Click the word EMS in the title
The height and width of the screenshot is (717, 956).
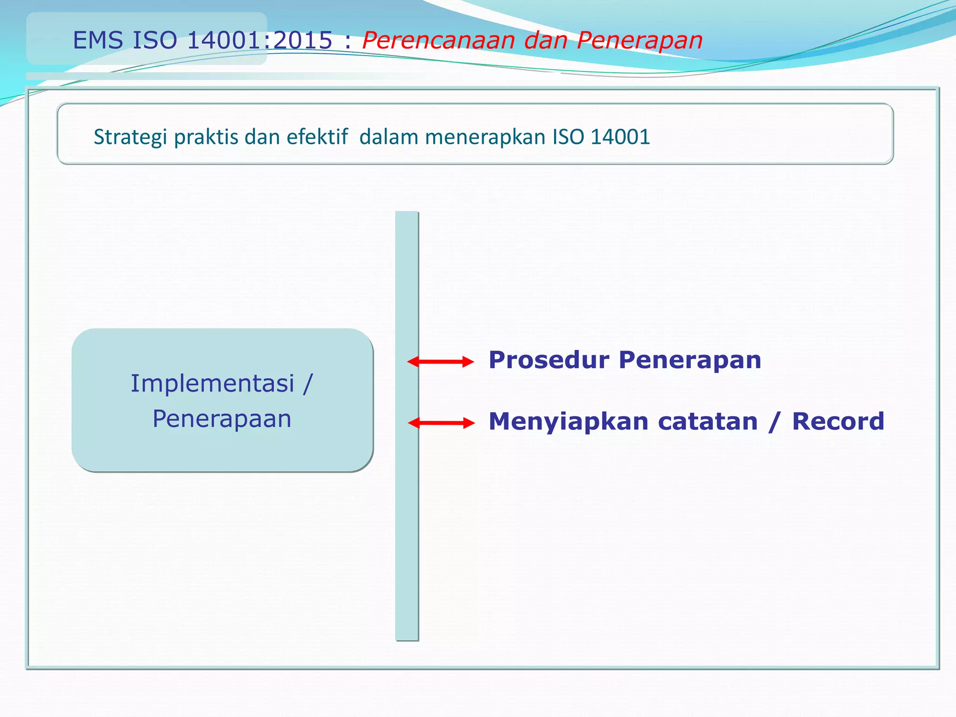pos(98,40)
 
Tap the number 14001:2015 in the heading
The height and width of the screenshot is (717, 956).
pos(260,40)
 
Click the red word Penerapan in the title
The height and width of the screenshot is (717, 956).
pos(640,40)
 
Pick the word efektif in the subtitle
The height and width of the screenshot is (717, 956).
pos(317,137)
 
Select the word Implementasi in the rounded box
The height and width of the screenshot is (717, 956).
pos(212,384)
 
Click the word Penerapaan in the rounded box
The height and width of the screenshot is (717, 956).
pos(222,419)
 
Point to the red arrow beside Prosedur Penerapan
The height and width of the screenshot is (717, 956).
pos(440,362)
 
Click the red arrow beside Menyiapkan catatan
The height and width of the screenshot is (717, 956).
pos(441,423)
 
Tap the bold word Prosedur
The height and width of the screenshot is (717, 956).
pos(549,360)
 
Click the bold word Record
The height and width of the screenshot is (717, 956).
pos(838,422)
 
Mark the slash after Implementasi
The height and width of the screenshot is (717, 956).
pos(307,384)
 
